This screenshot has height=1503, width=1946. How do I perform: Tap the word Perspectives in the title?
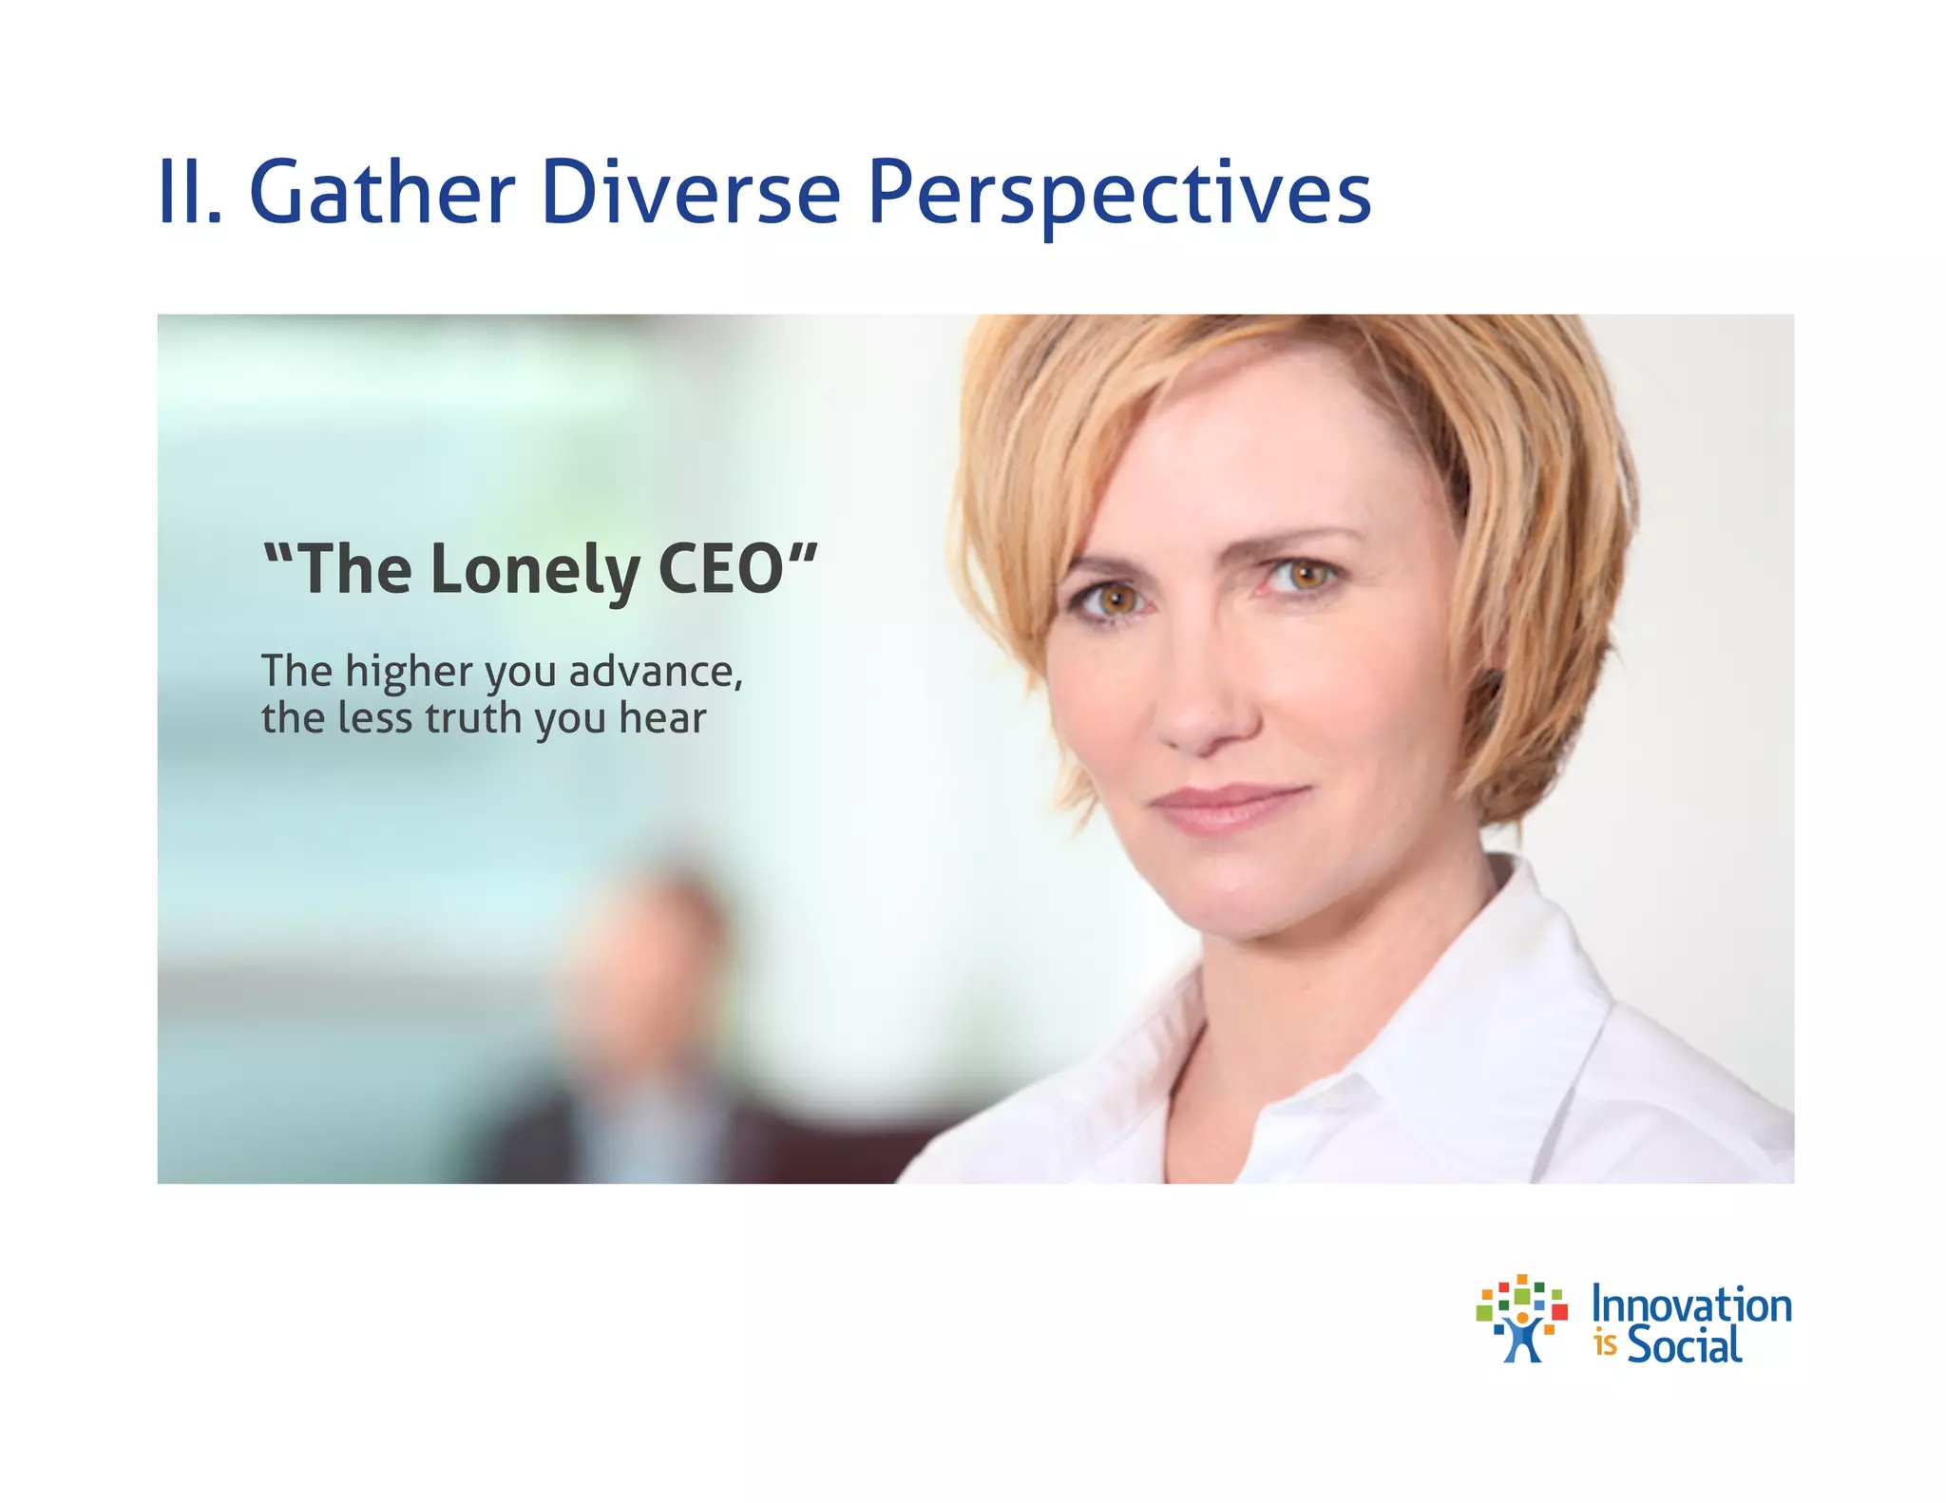point(1119,195)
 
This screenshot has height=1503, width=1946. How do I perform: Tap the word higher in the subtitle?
point(409,673)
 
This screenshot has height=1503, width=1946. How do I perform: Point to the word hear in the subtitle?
point(662,718)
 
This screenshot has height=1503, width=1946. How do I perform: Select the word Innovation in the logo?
point(1691,1305)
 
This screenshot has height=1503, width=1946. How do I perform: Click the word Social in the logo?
point(1684,1345)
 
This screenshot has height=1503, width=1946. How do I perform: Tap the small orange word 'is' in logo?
point(1605,1345)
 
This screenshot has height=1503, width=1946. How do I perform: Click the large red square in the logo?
point(1558,1312)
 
